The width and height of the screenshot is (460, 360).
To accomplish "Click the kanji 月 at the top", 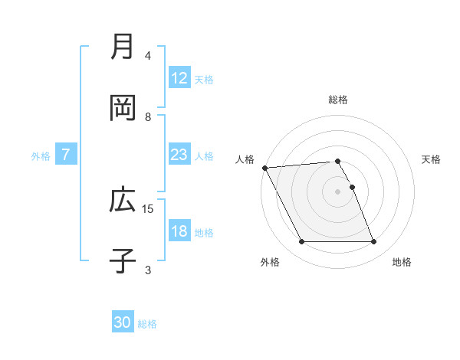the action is click(123, 47).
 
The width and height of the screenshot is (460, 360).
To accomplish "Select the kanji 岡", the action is click(123, 108).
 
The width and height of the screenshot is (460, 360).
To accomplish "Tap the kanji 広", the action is click(123, 201).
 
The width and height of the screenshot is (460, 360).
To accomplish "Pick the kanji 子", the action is click(123, 261).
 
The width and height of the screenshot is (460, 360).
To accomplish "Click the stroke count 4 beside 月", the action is click(148, 56).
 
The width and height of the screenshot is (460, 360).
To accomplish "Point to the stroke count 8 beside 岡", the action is click(148, 117).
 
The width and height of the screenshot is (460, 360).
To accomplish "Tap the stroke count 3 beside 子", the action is click(148, 270).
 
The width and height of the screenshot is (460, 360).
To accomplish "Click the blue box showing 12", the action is click(179, 78).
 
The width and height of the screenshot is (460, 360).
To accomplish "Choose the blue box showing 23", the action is click(179, 155).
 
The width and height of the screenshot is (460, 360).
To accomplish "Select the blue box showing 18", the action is click(179, 231).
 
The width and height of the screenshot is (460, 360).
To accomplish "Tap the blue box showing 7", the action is click(66, 155).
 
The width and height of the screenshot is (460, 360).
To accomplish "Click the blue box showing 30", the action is click(123, 323).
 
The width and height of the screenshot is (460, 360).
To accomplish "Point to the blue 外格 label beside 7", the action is click(41, 155).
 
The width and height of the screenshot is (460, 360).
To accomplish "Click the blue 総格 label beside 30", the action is click(147, 324).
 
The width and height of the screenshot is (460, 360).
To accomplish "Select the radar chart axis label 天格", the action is click(432, 159).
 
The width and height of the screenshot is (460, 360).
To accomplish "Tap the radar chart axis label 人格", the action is click(245, 159).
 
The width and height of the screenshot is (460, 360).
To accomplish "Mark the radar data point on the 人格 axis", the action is click(265, 168).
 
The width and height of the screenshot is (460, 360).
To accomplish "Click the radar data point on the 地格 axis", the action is click(374, 242).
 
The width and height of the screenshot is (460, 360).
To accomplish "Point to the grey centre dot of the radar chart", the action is click(338, 191).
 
